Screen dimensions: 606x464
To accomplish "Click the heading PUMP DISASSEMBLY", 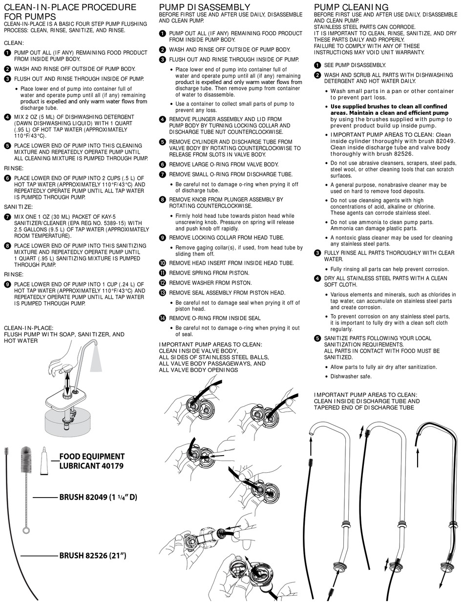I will pos(205,7).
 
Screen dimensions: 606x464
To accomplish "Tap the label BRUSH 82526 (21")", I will pos(93,555).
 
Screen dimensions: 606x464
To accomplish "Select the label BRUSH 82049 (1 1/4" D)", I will pos(98,498).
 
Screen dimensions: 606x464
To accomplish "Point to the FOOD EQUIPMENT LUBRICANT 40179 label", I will pos(91,461).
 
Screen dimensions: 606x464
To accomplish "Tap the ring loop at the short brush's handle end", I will pos(26,530).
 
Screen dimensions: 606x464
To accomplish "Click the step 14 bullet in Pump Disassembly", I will pos(163,318).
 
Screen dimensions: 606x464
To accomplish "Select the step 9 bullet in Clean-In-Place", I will pos(7,284).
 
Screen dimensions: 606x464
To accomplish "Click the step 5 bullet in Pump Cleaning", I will pos(317,338).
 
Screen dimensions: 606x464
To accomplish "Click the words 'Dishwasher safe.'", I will pos(351,376).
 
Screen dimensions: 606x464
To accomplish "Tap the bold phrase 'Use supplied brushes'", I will pos(361,106).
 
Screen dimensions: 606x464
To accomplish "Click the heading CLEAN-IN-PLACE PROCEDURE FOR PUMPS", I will pos(70,12).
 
